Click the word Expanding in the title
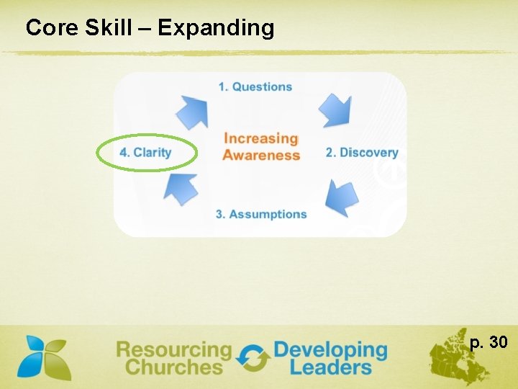pyautogui.click(x=216, y=29)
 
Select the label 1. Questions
pyautogui.click(x=255, y=86)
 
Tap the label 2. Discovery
pyautogui.click(x=362, y=152)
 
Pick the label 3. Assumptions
pyautogui.click(x=261, y=214)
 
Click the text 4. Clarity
pyautogui.click(x=145, y=152)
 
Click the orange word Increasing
pyautogui.click(x=260, y=138)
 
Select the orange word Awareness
pyautogui.click(x=261, y=155)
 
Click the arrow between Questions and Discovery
pyautogui.click(x=335, y=109)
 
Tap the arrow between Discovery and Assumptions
pyautogui.click(x=341, y=197)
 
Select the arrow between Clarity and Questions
pyautogui.click(x=192, y=110)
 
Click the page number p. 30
pyautogui.click(x=489, y=342)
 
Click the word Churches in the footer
pyautogui.click(x=173, y=367)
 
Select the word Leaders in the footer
pyautogui.click(x=330, y=367)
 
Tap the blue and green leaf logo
pyautogui.click(x=45, y=357)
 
